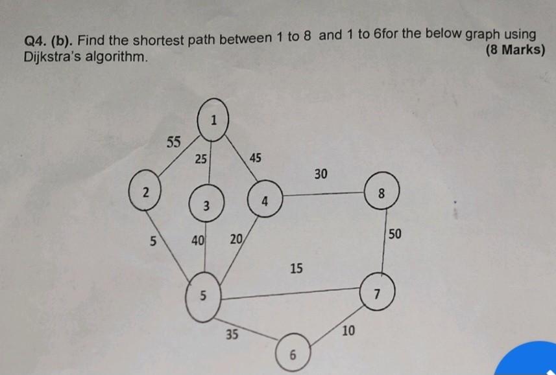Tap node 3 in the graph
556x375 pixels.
[x=205, y=205]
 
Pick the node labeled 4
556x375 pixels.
[x=264, y=200]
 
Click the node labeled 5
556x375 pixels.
[x=202, y=297]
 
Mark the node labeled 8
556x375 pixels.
[x=381, y=193]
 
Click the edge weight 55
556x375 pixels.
[x=173, y=142]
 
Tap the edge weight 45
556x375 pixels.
[x=256, y=158]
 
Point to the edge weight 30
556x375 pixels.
[x=321, y=174]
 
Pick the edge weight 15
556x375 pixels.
[x=296, y=268]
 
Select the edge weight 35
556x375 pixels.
[x=232, y=334]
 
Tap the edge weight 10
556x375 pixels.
[x=348, y=331]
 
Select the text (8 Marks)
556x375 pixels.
[x=514, y=51]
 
